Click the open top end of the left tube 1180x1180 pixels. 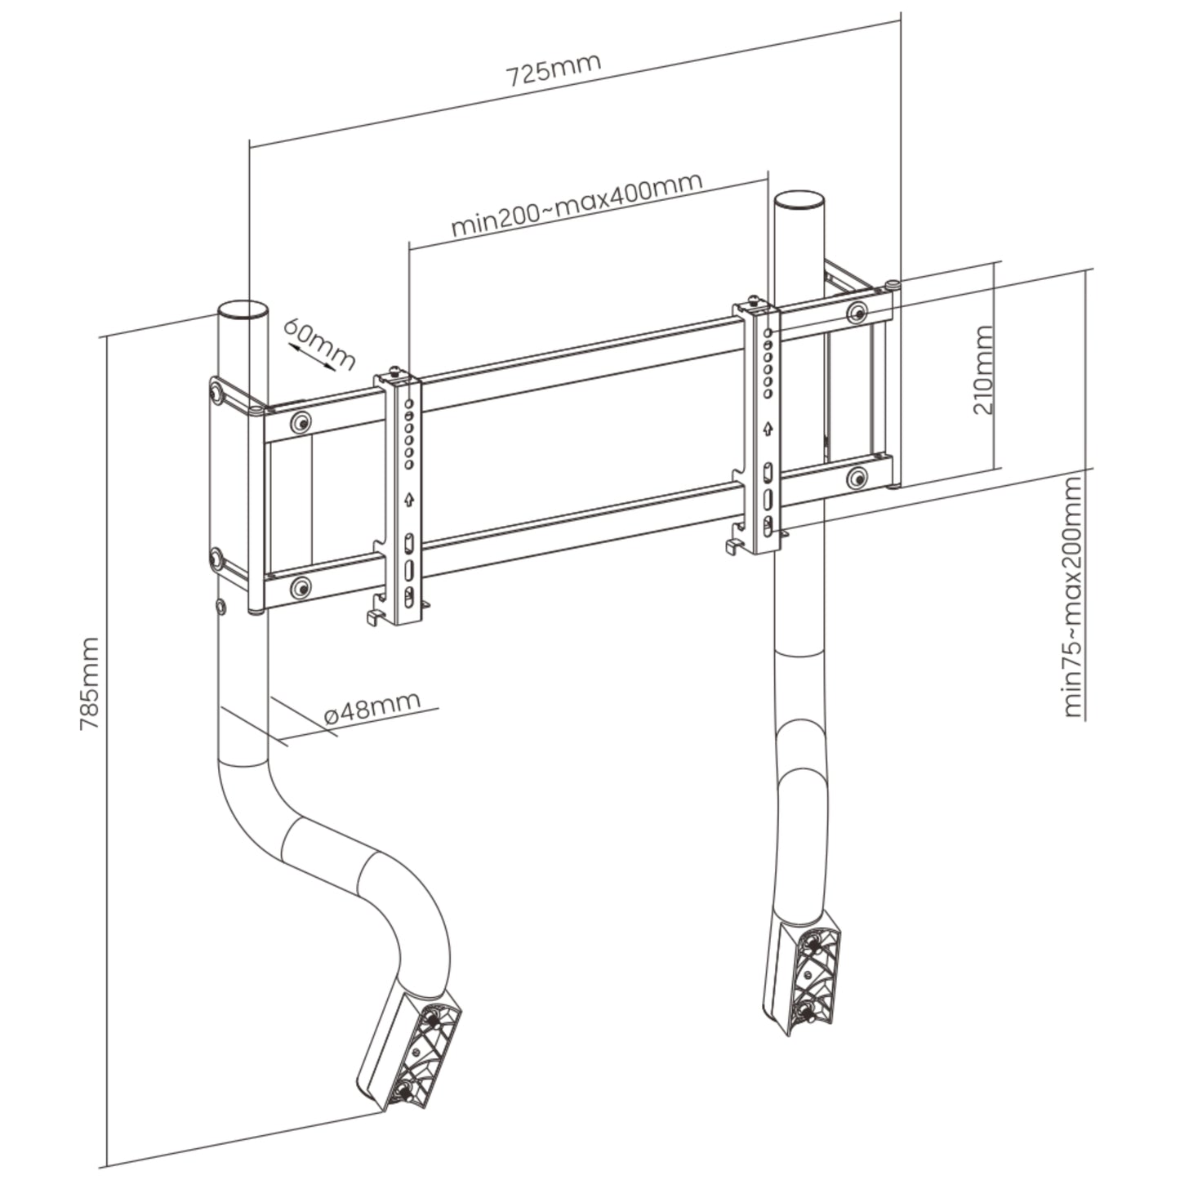(242, 311)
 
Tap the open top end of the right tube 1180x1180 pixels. (799, 200)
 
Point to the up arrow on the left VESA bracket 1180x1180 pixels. (409, 499)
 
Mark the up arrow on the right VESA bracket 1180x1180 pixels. (768, 428)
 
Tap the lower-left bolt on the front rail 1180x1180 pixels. (301, 586)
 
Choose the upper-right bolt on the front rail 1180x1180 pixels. (857, 312)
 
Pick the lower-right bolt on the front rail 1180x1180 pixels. (857, 478)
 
